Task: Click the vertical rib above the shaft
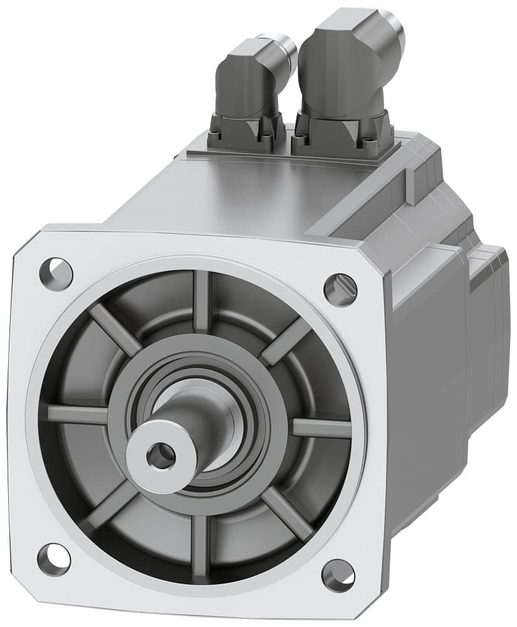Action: [x=201, y=301]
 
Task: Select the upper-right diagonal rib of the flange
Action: [x=285, y=342]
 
